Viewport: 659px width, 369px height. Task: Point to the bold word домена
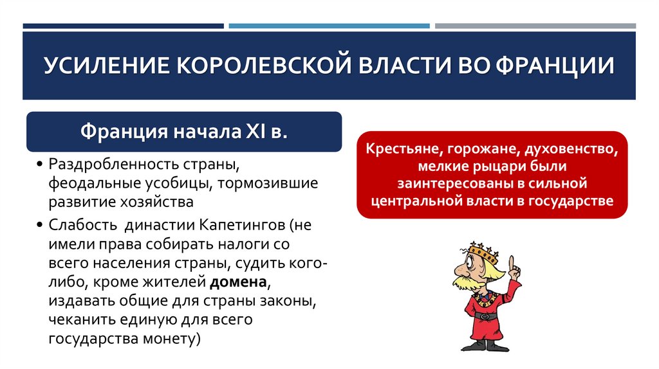pos(236,282)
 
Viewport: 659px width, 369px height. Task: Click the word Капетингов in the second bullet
pos(242,226)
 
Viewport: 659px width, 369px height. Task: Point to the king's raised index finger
pos(512,264)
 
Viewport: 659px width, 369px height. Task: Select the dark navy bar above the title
pos(123,26)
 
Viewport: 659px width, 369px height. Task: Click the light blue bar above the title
pos(329,26)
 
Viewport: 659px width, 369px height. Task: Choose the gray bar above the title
pos(535,26)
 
